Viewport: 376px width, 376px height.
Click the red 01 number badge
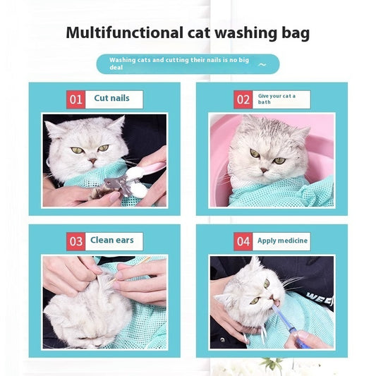click(76, 99)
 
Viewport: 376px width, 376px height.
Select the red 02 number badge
click(243, 99)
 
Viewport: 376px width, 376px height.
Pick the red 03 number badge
click(76, 241)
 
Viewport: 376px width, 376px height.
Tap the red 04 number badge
click(243, 241)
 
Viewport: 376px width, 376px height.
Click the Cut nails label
click(112, 99)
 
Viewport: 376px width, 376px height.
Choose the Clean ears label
click(112, 241)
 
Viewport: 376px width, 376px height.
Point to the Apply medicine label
click(282, 241)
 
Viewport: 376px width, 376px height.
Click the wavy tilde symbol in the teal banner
click(262, 64)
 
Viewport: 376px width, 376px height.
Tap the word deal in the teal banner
click(117, 69)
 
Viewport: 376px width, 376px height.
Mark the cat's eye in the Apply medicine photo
click(266, 284)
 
